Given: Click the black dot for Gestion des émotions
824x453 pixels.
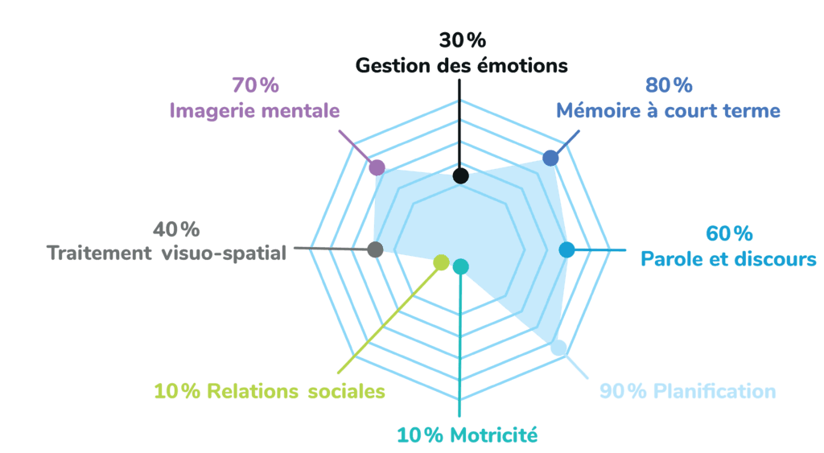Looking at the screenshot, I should (x=459, y=175).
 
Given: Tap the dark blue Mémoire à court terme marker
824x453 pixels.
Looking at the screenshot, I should (x=550, y=159).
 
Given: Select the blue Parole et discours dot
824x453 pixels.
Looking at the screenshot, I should (x=566, y=249).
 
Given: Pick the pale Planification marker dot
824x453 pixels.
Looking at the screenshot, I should (x=559, y=348).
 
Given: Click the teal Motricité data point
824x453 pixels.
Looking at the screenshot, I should (x=460, y=266).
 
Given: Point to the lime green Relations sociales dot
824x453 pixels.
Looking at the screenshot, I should (x=440, y=262).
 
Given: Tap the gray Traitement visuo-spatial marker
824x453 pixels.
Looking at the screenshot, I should (x=374, y=249).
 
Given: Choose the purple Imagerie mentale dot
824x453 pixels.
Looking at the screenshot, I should (x=375, y=167).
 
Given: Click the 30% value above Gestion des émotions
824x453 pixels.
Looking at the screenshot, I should (x=463, y=40).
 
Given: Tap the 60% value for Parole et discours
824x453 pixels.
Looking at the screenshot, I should (x=728, y=234).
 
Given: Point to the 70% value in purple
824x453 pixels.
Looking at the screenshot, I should (x=254, y=84).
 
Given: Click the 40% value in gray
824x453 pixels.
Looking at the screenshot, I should (x=176, y=229).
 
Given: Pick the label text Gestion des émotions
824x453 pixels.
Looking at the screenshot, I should (x=462, y=65).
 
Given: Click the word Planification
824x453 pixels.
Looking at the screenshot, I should (x=715, y=392).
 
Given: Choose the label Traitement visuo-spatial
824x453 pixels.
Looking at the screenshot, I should (x=167, y=253).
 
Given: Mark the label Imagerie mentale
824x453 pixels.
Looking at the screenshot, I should (x=254, y=110).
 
